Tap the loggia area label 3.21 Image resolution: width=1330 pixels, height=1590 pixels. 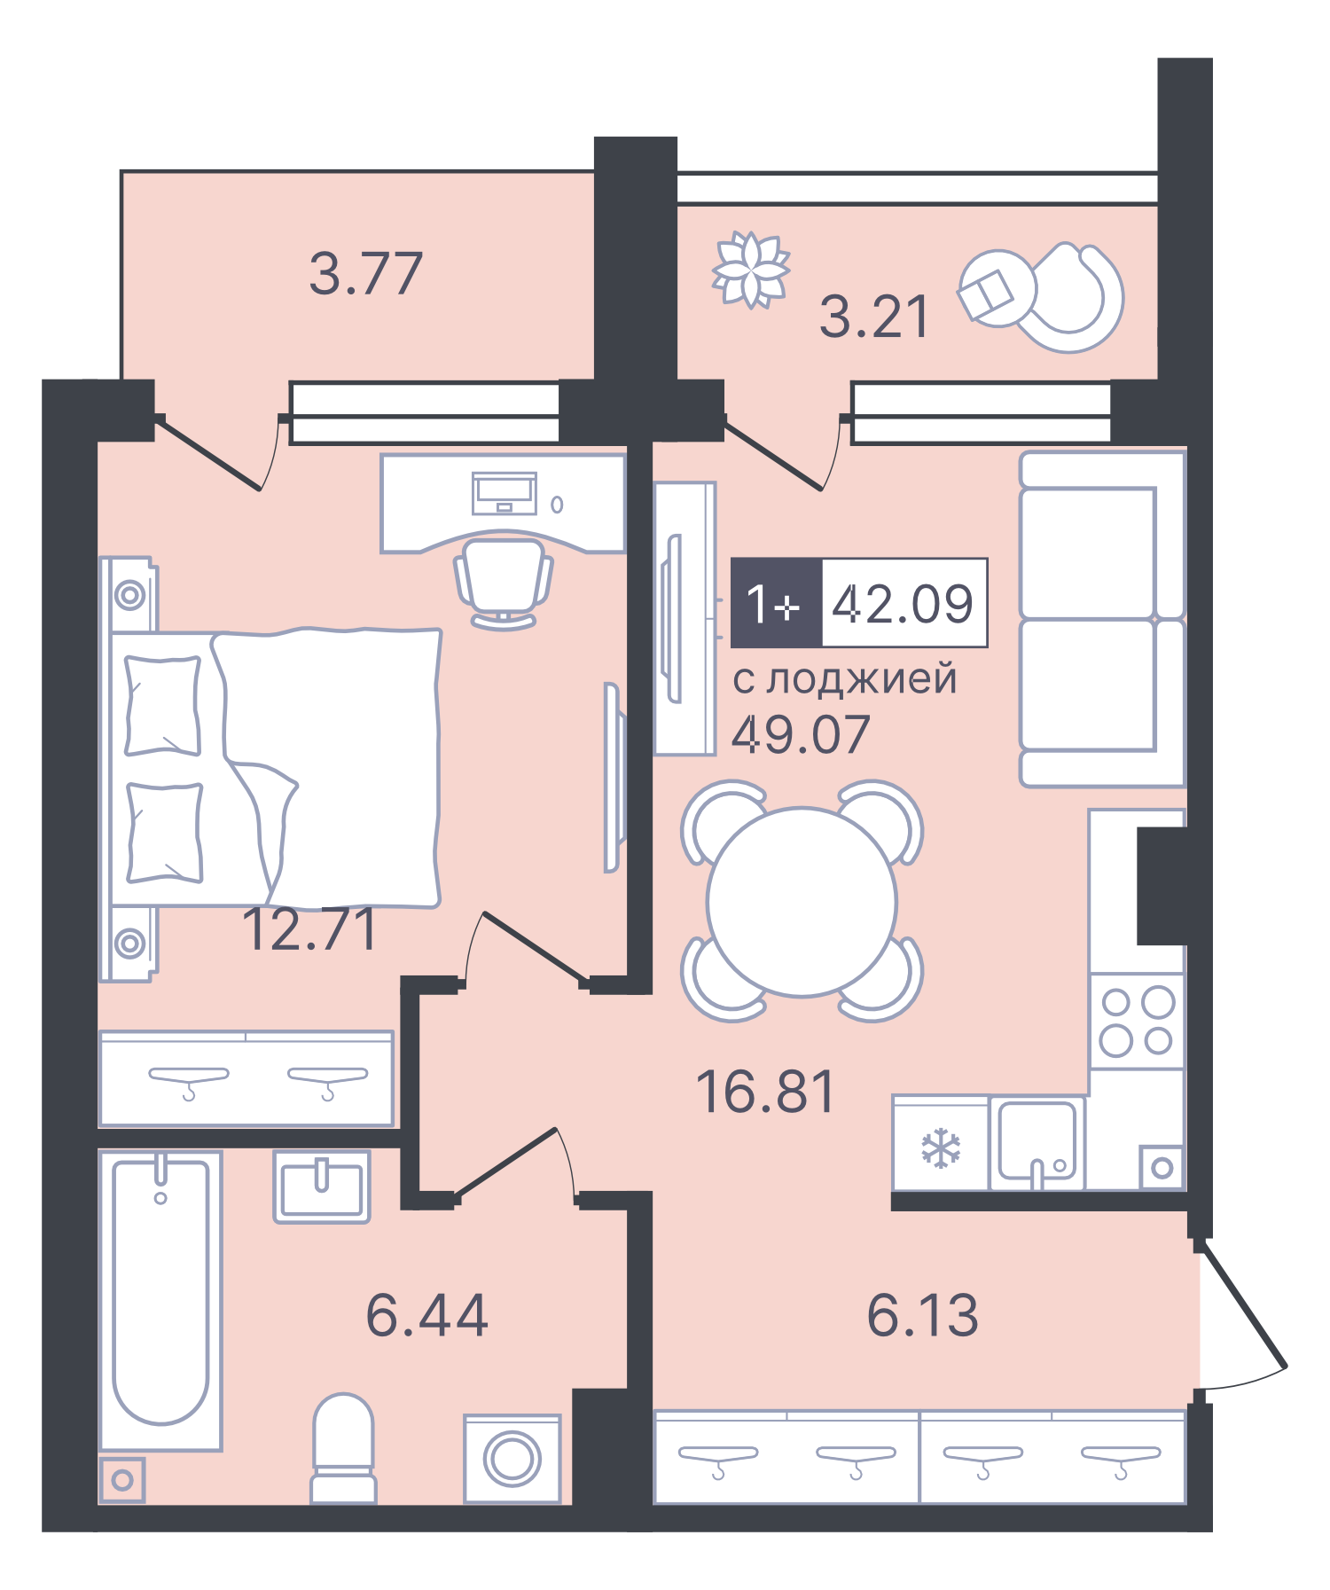point(874,317)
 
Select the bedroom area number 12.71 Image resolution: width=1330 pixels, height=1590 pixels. point(309,930)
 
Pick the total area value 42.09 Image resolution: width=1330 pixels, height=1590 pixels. point(903,603)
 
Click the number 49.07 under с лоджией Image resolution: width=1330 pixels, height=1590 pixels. point(801,734)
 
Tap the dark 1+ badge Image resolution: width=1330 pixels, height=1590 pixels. point(775,603)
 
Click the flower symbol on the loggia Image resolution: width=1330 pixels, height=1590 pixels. point(751,270)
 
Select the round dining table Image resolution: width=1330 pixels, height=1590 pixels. point(802,901)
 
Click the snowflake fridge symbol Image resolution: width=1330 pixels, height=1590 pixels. point(941,1148)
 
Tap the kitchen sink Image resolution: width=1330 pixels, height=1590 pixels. point(1037,1142)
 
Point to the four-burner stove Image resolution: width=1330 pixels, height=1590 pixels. point(1137,1022)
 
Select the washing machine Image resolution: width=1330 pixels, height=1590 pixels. point(512,1459)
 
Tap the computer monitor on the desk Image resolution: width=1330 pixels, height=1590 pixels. point(505,492)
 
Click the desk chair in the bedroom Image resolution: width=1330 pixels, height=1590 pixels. point(503,581)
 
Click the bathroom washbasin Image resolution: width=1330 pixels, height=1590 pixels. point(321,1187)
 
